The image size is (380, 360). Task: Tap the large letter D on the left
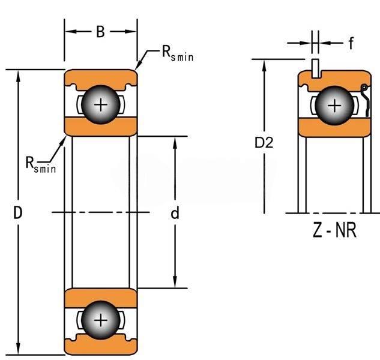(18, 212)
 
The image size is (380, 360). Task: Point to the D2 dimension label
(264, 143)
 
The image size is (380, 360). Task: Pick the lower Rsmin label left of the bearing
(40, 164)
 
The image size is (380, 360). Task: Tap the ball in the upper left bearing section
(101, 105)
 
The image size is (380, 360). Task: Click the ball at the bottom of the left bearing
(101, 320)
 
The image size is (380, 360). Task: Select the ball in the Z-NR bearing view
(334, 105)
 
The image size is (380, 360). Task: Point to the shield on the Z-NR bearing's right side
(365, 100)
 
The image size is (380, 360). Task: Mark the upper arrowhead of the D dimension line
(20, 74)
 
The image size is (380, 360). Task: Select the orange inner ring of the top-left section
(101, 127)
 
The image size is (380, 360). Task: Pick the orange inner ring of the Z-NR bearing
(333, 127)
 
